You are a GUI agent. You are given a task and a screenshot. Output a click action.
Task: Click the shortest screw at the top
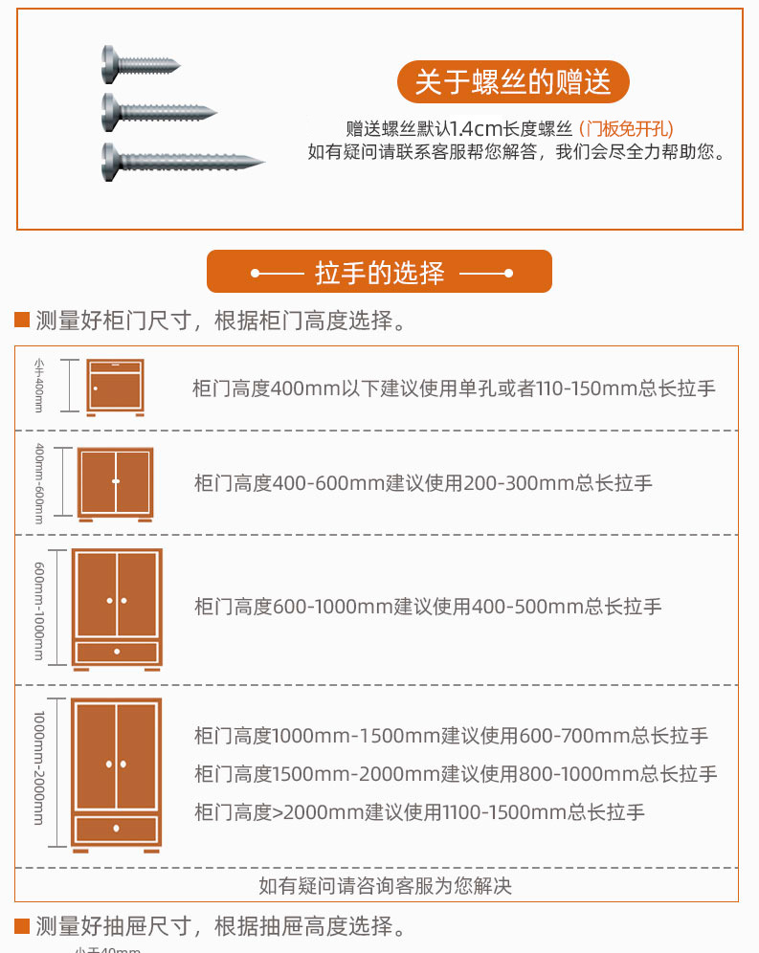coord(141,64)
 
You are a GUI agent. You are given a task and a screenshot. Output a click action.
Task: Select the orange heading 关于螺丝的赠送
coord(513,82)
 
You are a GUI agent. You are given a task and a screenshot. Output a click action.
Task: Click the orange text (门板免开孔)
coord(626,128)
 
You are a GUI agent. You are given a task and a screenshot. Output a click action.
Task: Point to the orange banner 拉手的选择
coord(380,272)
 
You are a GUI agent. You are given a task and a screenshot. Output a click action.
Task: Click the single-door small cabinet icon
coord(115,387)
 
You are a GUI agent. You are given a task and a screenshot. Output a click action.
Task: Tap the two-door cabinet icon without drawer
coord(115,483)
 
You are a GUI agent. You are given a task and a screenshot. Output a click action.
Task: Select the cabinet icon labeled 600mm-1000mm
coord(117,609)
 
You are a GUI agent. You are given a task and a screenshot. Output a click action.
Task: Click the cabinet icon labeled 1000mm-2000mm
coord(117,774)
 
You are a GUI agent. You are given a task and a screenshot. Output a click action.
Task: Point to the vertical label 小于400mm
coord(39,385)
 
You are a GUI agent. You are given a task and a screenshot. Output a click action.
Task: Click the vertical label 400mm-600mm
coord(39,483)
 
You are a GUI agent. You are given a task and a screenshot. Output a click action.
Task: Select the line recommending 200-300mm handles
coord(423,483)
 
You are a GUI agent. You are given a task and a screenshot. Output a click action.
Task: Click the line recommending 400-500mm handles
coord(428,607)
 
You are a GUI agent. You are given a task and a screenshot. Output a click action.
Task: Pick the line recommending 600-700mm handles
coord(451,736)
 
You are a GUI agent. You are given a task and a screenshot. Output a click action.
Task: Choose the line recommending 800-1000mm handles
coord(456,774)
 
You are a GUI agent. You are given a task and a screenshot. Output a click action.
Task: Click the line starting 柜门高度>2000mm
coord(419,812)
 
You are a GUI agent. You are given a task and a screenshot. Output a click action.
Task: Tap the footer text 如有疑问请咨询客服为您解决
coord(385,886)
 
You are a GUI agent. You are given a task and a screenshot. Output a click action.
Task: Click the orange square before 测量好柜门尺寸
coord(22,321)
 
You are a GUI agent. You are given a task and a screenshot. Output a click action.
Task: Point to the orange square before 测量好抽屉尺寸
coord(22,925)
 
